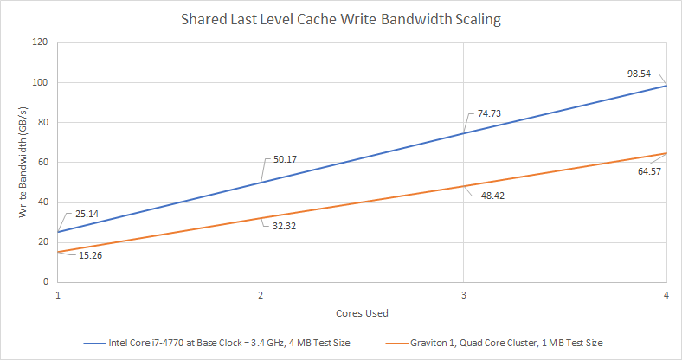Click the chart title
pos(340,20)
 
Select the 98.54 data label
pos(639,74)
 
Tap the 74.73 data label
pos(489,113)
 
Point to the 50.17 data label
pos(285,159)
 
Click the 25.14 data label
pos(87,214)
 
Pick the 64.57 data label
pos(649,171)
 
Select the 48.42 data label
pos(492,196)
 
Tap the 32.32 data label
pos(284,226)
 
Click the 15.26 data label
pos(91,255)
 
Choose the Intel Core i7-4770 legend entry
pos(217,343)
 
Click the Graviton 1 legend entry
pos(494,343)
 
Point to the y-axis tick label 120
pos(41,42)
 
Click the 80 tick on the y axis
pos(43,122)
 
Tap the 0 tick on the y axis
pos(46,281)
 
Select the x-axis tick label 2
pos(261,295)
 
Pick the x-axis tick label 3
pos(464,295)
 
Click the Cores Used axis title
pos(362,313)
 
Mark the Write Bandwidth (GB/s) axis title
pos(23,162)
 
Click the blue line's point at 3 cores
pos(464,133)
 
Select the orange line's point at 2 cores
pos(261,218)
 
